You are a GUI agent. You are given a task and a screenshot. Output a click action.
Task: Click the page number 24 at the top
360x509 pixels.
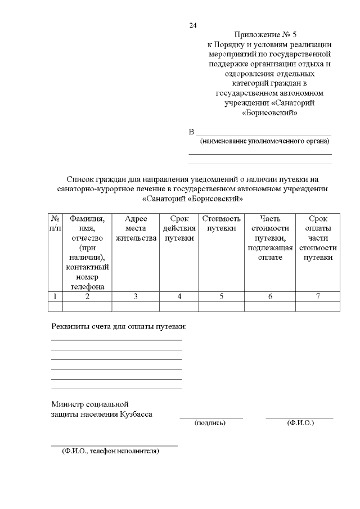click(193, 26)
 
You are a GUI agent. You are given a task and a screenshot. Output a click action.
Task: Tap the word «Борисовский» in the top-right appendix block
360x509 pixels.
click(269, 112)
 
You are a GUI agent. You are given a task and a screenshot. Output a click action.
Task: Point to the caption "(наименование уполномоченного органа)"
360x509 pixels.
click(265, 141)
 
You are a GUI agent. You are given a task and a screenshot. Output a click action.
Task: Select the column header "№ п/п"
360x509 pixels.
click(55, 223)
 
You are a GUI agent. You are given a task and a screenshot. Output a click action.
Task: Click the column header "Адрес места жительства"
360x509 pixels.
click(136, 228)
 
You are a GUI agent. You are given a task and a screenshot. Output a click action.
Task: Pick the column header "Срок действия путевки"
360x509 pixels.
click(179, 228)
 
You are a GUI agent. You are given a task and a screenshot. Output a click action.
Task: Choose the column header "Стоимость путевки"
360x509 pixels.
click(221, 223)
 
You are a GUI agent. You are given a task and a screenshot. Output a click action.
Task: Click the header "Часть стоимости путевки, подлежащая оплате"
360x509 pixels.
click(270, 237)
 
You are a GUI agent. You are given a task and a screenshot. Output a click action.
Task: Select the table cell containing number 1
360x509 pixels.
click(55, 296)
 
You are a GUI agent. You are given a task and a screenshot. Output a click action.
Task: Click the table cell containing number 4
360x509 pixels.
click(179, 296)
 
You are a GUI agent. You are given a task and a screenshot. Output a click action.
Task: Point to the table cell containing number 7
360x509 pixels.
click(318, 296)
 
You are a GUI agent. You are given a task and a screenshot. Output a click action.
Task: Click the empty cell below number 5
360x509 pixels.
click(221, 307)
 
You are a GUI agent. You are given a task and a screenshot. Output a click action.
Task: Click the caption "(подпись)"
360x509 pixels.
click(210, 422)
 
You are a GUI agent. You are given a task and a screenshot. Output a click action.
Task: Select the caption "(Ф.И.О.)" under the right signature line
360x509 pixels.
click(300, 422)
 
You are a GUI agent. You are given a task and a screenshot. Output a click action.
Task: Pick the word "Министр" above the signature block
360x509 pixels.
click(66, 404)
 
